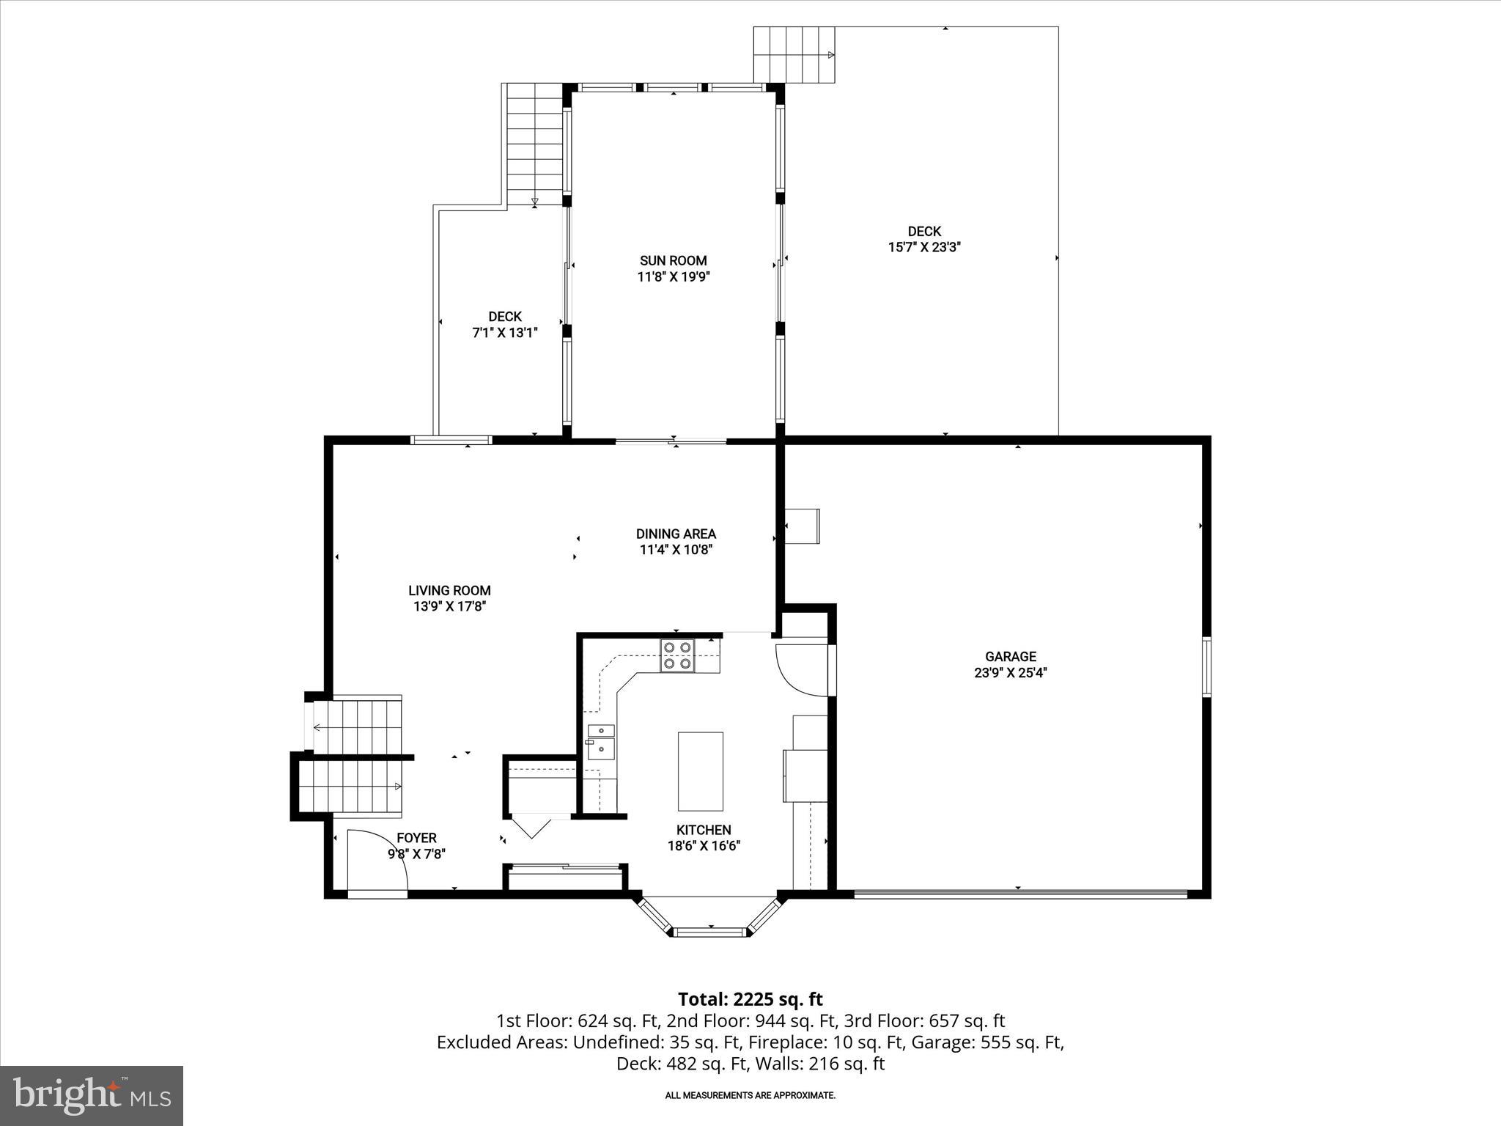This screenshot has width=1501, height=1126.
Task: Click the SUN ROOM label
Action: [x=674, y=260]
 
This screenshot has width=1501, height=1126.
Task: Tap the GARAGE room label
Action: [x=1010, y=657]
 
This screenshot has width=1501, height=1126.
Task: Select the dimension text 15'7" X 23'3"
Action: [x=924, y=248]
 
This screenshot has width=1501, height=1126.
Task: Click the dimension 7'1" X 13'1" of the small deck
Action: [x=505, y=333]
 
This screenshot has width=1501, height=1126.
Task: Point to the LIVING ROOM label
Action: [x=449, y=590]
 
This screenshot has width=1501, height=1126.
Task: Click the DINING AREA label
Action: [x=676, y=534]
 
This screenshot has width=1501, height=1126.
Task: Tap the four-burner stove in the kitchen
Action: [x=677, y=656]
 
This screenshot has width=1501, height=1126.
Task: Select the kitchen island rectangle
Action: [x=700, y=770]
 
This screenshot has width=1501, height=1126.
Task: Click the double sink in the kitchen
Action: [x=601, y=740]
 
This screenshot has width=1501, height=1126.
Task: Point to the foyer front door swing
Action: [x=377, y=861]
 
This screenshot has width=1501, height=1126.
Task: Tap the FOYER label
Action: [x=416, y=838]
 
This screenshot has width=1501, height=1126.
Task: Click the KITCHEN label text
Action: [x=704, y=830]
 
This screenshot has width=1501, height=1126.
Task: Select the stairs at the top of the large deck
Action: [x=795, y=55]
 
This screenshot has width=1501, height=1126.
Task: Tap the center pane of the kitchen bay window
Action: [x=709, y=932]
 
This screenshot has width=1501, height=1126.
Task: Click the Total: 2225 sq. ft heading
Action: [x=750, y=999]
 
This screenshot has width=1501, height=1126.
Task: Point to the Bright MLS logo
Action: [x=92, y=1095]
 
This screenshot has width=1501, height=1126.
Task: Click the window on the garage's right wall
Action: [x=1206, y=666]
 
